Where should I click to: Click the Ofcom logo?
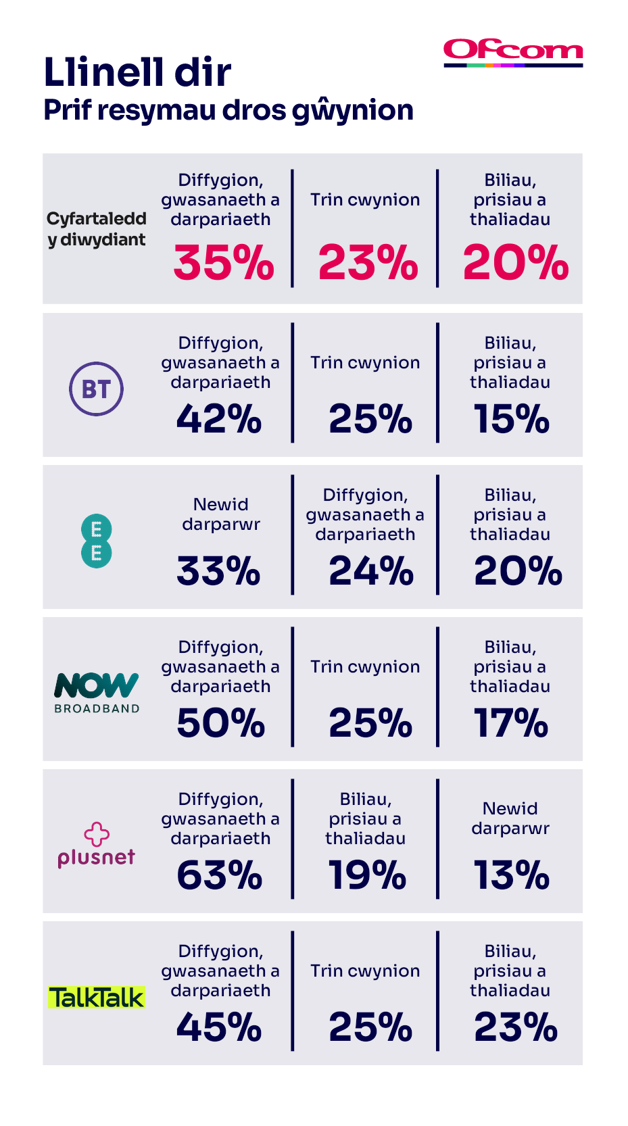click(513, 53)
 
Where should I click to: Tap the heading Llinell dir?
click(137, 72)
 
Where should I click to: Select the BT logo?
click(96, 389)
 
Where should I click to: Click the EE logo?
click(96, 541)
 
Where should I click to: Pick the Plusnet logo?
click(97, 845)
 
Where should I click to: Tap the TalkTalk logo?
click(97, 998)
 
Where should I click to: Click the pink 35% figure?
click(224, 262)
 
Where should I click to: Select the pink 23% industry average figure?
click(368, 262)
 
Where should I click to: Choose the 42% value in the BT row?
click(219, 419)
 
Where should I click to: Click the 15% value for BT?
click(511, 419)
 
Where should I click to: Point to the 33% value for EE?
click(218, 571)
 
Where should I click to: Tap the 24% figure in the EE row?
click(371, 571)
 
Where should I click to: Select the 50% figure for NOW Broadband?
click(221, 723)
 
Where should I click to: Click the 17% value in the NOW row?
click(511, 723)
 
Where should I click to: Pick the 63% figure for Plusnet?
click(220, 875)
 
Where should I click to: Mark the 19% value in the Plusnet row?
click(367, 875)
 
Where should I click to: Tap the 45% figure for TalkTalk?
click(219, 1027)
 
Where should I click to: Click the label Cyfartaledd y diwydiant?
click(97, 229)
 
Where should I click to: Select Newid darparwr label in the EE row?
click(221, 514)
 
